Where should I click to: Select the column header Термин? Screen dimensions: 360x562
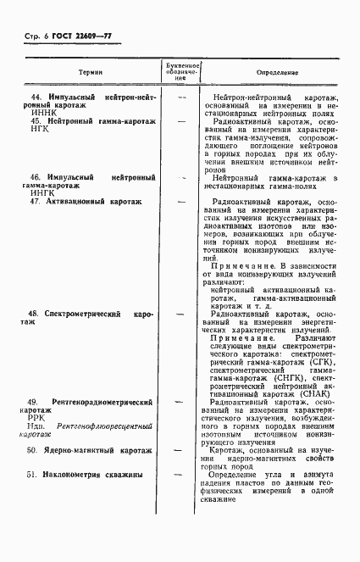[x=90, y=74]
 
